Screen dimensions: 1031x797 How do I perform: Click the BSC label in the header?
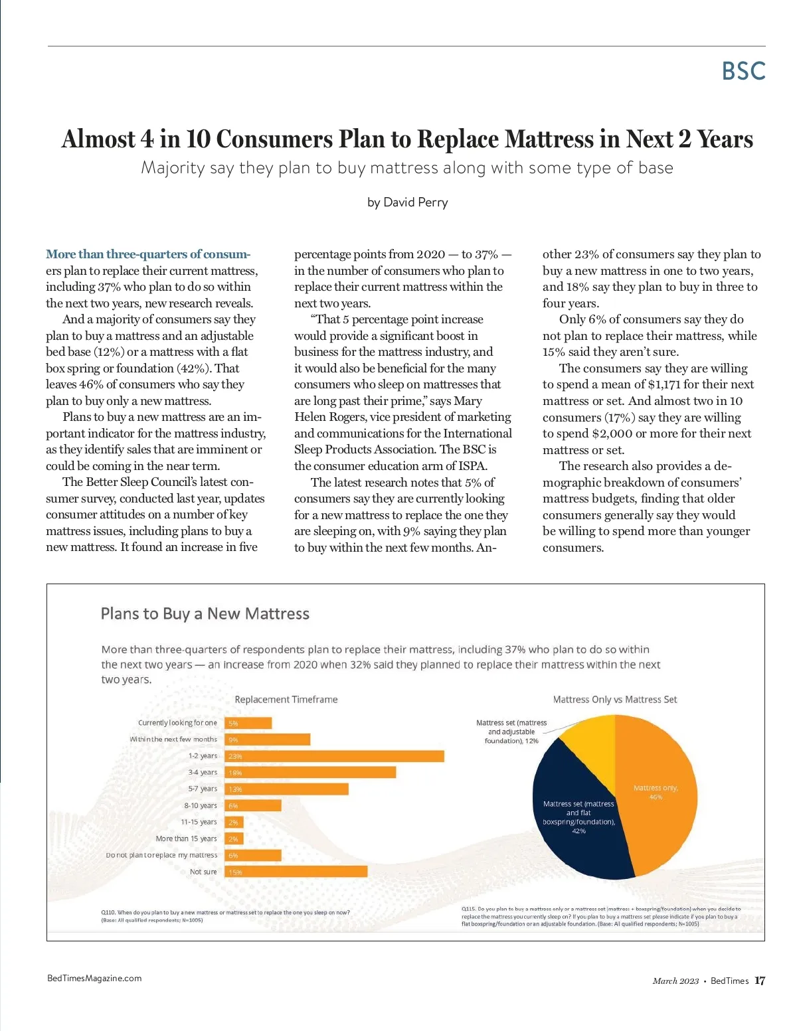pos(743,71)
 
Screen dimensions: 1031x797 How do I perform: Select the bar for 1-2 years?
pos(335,756)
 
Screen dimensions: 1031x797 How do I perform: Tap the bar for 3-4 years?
pos(311,773)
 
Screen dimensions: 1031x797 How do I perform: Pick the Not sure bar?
pos(296,872)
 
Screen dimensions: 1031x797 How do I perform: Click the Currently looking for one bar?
pos(248,723)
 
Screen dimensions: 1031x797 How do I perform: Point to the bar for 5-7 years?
pos(287,789)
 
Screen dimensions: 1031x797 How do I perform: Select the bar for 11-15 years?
pos(234,822)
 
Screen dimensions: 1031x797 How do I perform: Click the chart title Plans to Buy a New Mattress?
pos(205,613)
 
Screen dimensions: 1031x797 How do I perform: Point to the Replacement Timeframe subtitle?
pos(286,700)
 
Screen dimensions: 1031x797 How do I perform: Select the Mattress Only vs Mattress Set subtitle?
pos(615,700)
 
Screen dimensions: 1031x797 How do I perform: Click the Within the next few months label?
pos(173,740)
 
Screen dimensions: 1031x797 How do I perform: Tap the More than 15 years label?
pos(186,838)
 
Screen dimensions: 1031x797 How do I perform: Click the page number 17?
pos(760,981)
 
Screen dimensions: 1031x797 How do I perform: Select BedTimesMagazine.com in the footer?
pos(94,978)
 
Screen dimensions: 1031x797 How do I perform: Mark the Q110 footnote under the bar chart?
pos(225,916)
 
